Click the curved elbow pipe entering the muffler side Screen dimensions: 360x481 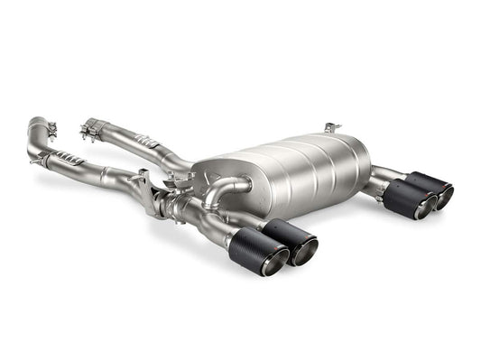pyautogui.click(x=236, y=186)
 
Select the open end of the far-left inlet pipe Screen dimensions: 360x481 pyautogui.click(x=35, y=123)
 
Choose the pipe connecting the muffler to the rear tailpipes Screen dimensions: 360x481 pyautogui.click(x=383, y=175)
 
